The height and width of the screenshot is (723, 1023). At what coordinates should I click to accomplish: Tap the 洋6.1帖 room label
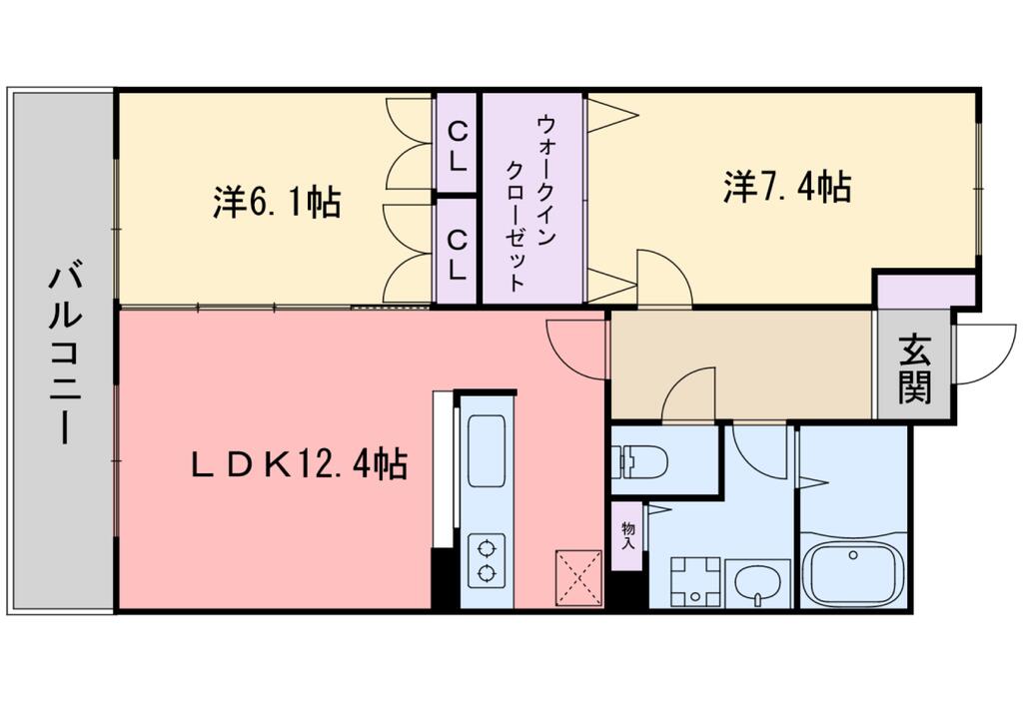[277, 202]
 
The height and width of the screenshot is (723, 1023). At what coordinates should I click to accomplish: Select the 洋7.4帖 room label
[787, 187]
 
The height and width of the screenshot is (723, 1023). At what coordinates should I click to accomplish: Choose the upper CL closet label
[458, 146]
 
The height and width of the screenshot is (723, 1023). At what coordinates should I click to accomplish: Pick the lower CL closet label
[458, 254]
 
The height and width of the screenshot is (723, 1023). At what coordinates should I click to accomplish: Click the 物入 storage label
[628, 536]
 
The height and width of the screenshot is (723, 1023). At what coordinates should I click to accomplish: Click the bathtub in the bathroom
[853, 575]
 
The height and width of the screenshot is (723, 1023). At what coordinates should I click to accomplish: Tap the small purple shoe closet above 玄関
[925, 290]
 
